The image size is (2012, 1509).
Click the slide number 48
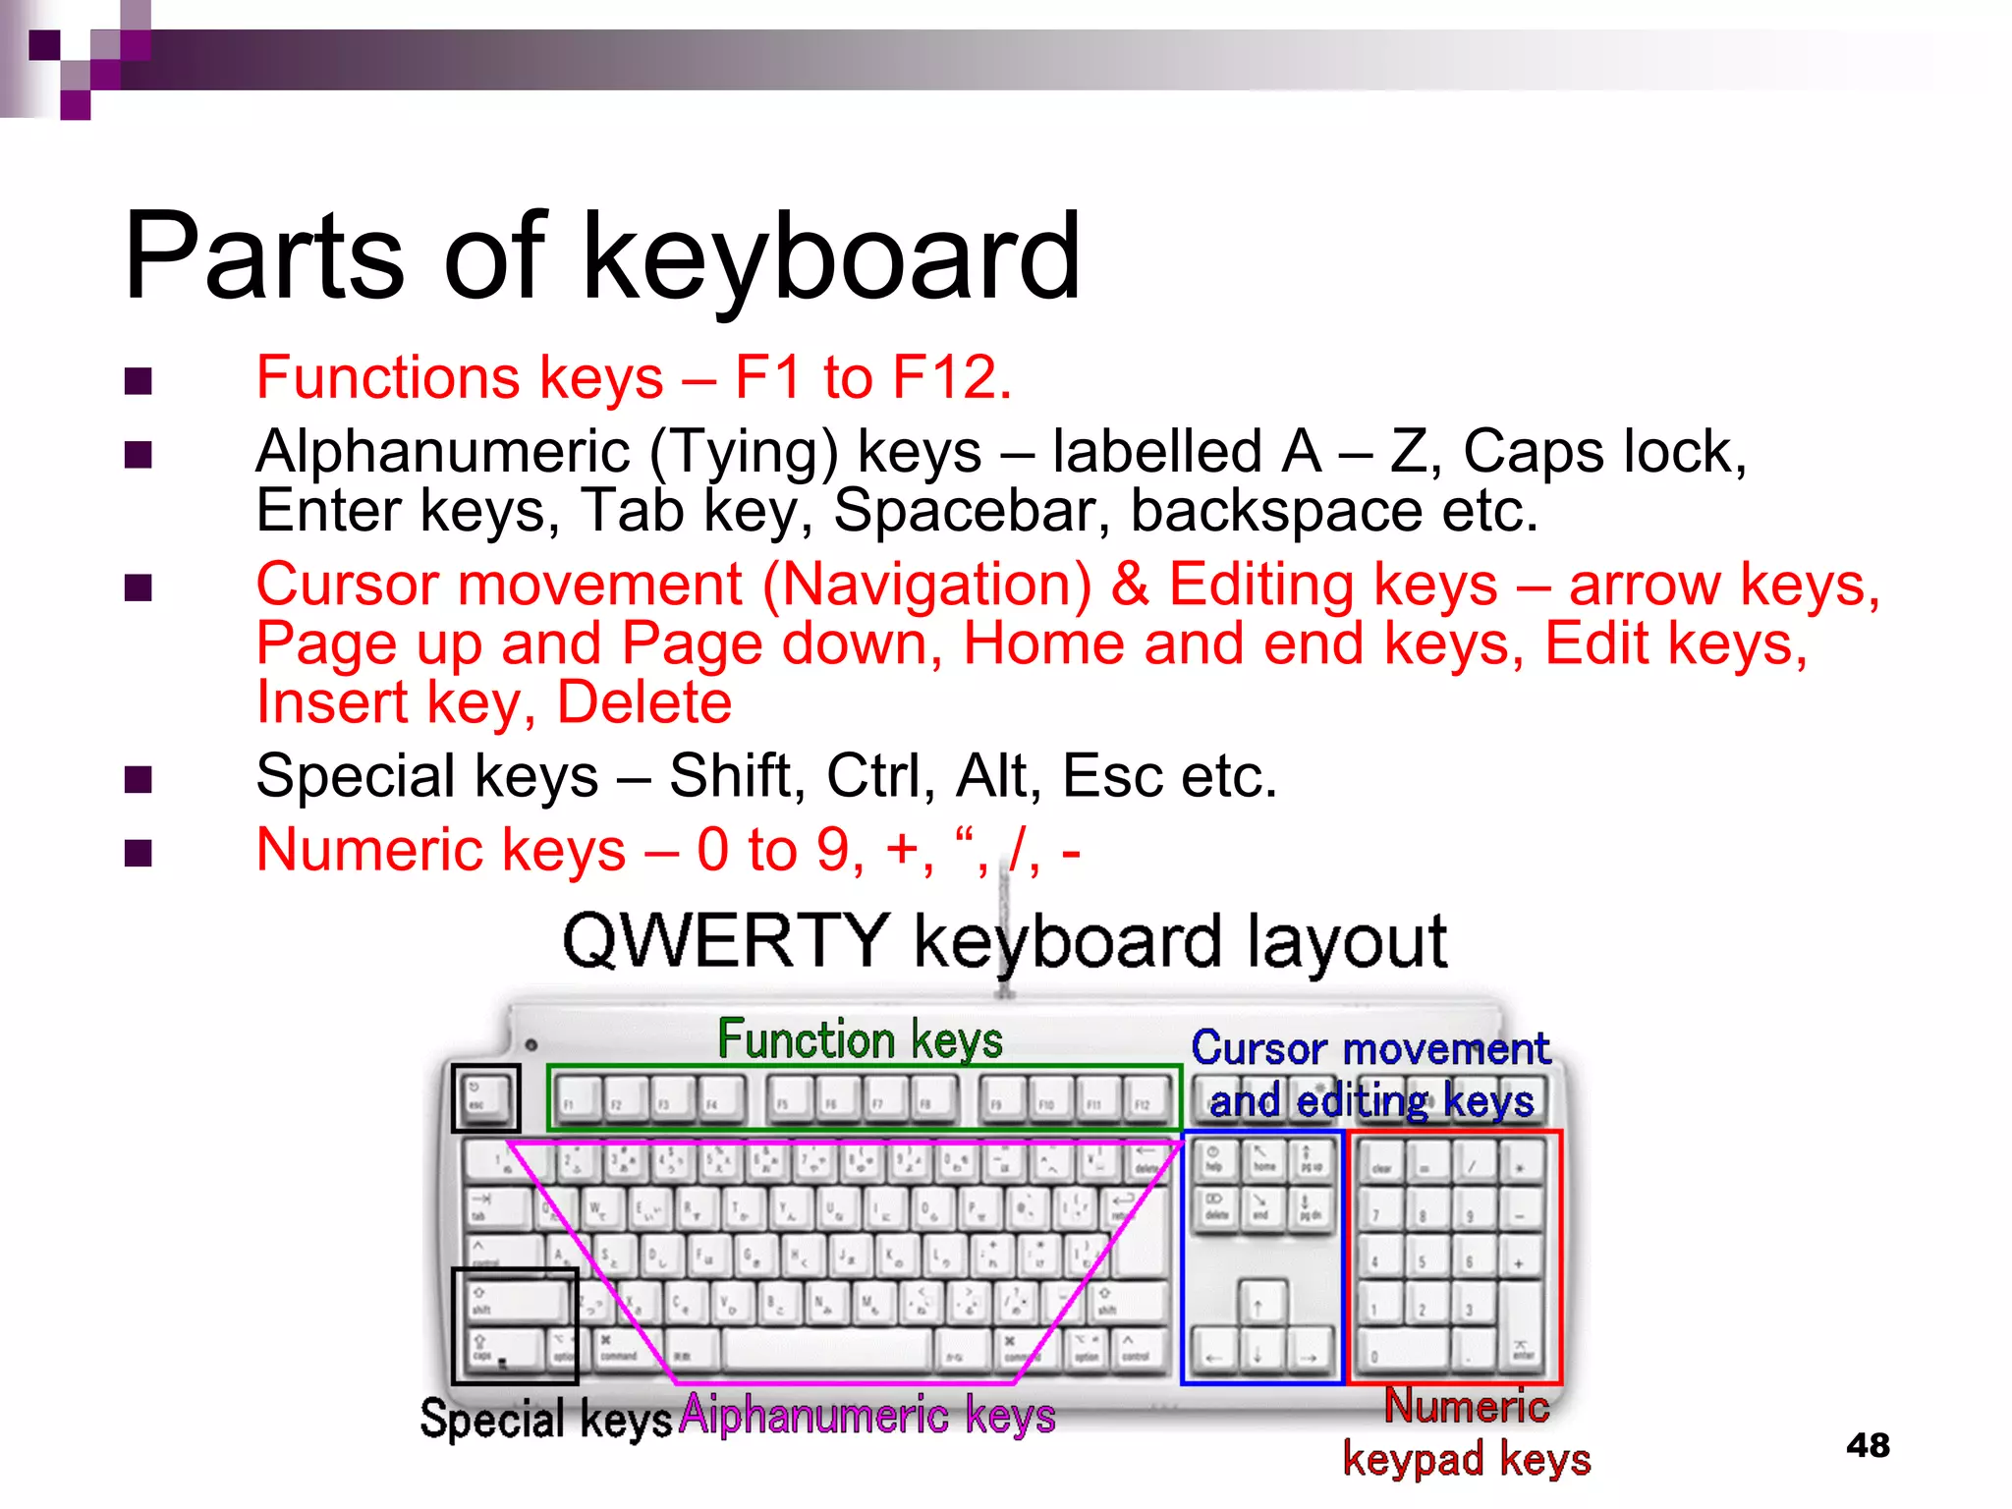click(x=1867, y=1445)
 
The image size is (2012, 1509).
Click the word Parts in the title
click(x=263, y=256)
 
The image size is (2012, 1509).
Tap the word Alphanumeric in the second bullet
click(x=442, y=452)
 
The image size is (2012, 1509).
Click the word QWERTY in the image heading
click(x=725, y=941)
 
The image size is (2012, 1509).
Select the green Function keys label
click(x=860, y=1039)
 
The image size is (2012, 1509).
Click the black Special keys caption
click(x=545, y=1419)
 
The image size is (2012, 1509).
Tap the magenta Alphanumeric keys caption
click(x=867, y=1416)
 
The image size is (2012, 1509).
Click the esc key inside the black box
click(x=484, y=1096)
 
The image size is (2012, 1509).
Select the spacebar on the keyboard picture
click(x=827, y=1351)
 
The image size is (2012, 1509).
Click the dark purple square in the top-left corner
click(x=44, y=45)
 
